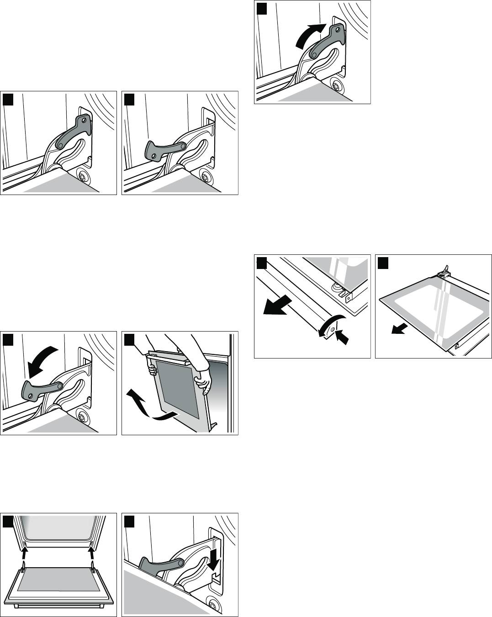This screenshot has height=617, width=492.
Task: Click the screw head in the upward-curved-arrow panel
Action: (337, 86)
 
